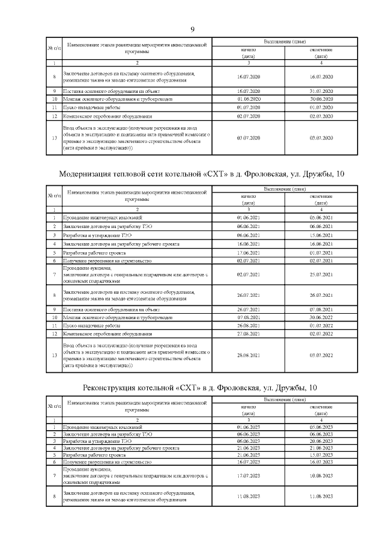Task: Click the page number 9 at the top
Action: coord(192,30)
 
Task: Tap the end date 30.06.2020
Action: coord(321,98)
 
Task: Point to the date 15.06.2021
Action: coord(321,235)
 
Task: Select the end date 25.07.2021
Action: coord(321,275)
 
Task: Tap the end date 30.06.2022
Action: coord(321,317)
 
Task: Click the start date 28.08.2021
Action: coord(248,355)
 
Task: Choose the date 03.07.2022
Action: coord(321,355)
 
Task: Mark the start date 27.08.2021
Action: coord(248,333)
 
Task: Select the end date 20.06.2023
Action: coord(321,440)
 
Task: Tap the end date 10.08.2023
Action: coord(321,475)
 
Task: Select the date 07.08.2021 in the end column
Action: coord(321,309)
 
